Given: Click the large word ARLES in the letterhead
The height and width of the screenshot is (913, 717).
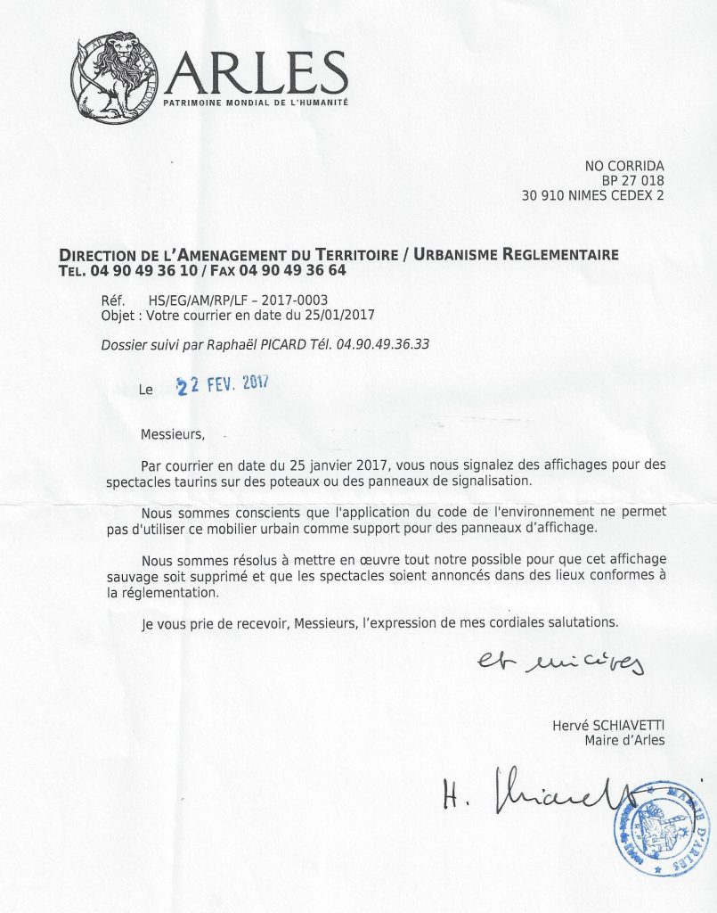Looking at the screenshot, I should coord(256,73).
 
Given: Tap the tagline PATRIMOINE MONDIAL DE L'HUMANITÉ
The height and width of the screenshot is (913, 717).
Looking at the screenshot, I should coord(255,104).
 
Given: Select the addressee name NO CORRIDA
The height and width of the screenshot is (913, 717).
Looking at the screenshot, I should coord(624,166).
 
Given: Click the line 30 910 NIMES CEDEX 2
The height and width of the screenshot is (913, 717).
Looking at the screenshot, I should coord(592,196).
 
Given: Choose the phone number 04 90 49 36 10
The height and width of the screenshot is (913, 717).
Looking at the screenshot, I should coord(142,270).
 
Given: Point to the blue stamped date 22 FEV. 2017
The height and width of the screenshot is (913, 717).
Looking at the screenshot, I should coord(223,384).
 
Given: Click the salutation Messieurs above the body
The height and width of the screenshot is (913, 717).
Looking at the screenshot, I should coord(173,435).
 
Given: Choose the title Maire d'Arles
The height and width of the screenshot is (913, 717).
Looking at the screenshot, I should coord(624,740).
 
